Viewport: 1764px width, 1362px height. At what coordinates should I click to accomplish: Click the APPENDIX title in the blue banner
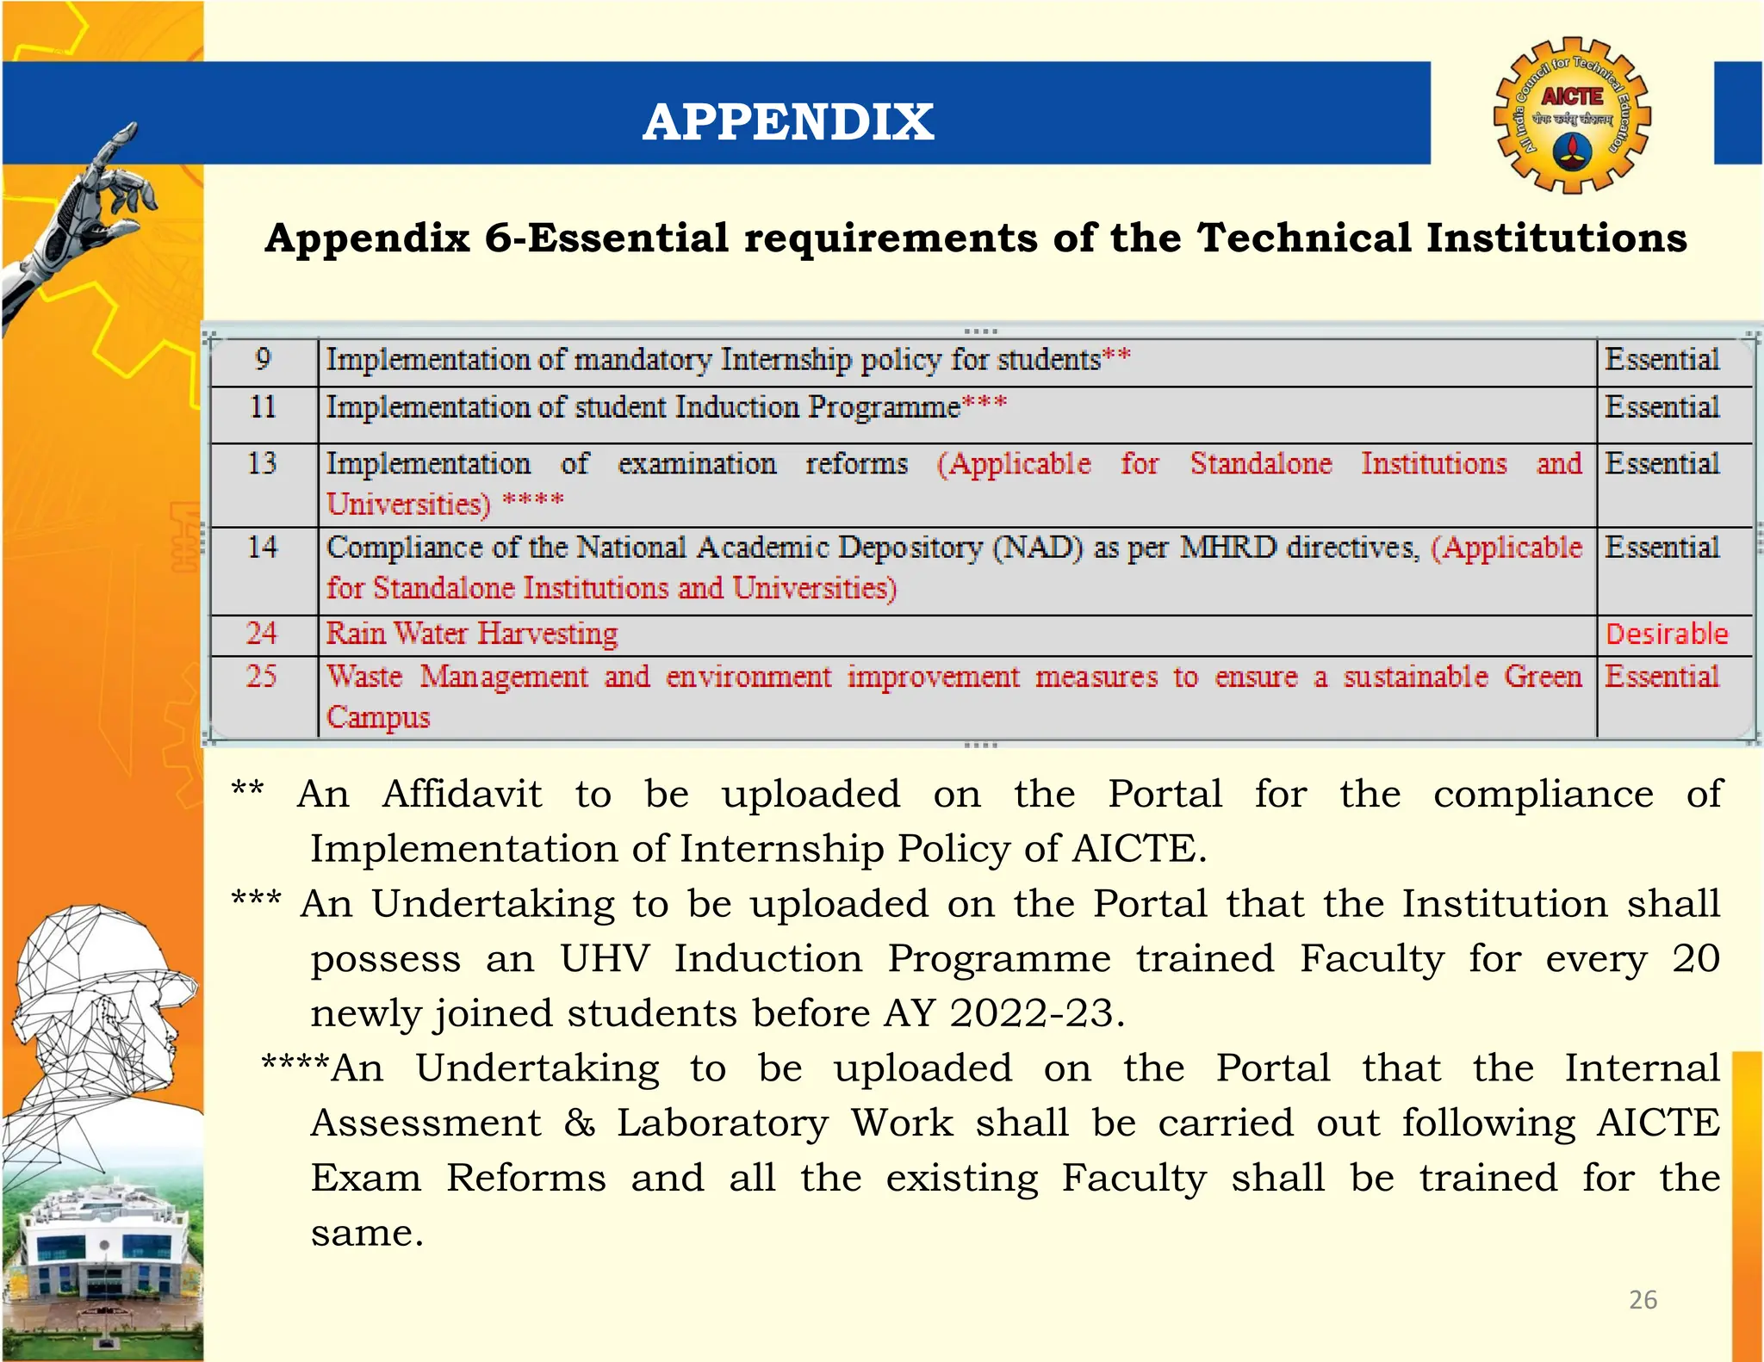pos(787,121)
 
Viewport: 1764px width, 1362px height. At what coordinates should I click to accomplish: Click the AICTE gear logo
pos(1571,115)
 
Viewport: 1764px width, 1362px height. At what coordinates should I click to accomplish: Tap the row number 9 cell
pos(263,359)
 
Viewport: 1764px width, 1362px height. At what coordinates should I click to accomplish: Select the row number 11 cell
pos(263,406)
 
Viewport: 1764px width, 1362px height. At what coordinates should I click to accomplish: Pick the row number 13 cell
pos(263,464)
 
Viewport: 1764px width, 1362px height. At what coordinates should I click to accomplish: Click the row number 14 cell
pos(263,548)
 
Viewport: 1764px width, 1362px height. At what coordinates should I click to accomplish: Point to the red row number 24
pos(262,634)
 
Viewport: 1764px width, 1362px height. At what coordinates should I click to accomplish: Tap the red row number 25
pos(262,677)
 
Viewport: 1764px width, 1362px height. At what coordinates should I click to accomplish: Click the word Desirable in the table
pos(1667,635)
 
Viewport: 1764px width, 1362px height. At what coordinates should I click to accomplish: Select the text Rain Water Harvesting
pos(472,634)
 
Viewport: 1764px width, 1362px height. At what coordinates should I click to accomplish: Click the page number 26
pos(1643,1299)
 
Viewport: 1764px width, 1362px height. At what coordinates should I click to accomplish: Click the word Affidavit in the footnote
pos(463,794)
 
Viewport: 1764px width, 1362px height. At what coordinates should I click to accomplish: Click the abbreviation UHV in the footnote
pos(605,958)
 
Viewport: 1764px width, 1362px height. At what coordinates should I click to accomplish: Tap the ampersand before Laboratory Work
pos(580,1124)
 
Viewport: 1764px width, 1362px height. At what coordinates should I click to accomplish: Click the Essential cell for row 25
pos(1662,677)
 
